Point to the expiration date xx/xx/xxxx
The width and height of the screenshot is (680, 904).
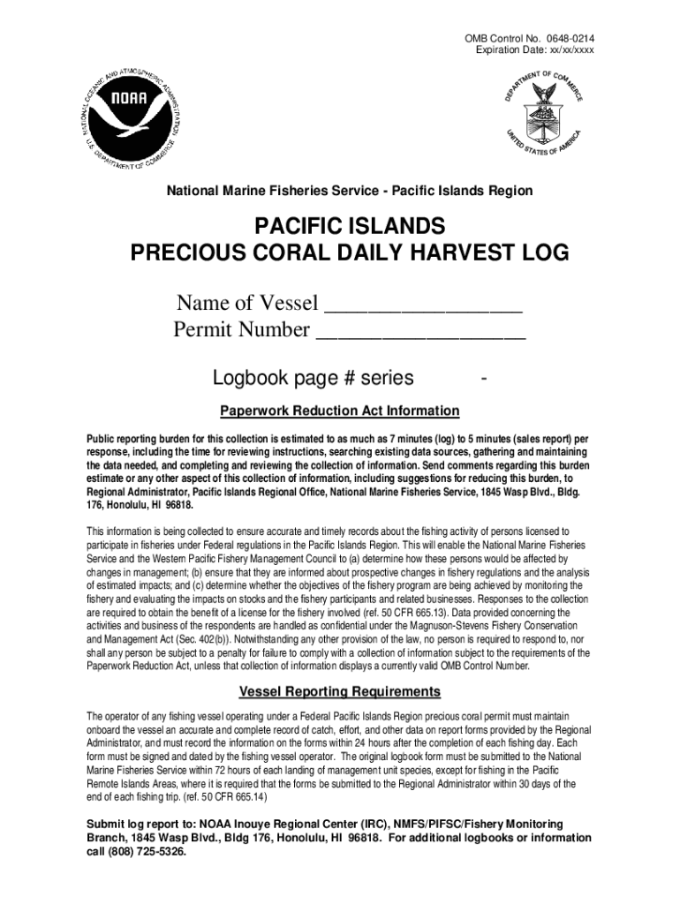pyautogui.click(x=565, y=50)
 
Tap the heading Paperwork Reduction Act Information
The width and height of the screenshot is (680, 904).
pyautogui.click(x=339, y=411)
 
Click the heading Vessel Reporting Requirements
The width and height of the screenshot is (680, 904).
pyautogui.click(x=340, y=690)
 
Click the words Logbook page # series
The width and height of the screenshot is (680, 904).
pyautogui.click(x=313, y=378)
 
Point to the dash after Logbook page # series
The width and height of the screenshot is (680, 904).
pyautogui.click(x=483, y=379)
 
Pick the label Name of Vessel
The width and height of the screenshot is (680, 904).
pyautogui.click(x=246, y=305)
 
